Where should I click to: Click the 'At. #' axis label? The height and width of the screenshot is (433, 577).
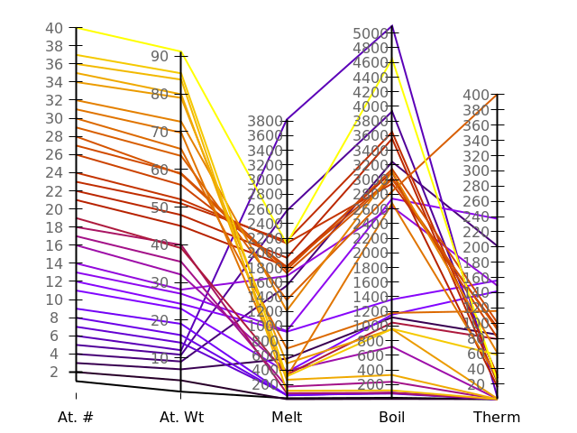click(x=76, y=417)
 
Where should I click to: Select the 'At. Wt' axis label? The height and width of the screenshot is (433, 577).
click(x=181, y=417)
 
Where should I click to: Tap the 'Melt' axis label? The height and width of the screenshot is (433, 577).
click(x=287, y=417)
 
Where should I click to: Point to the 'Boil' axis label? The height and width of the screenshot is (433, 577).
click(x=392, y=417)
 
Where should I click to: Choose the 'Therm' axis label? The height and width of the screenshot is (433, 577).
click(x=497, y=417)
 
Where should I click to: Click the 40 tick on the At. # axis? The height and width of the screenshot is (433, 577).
click(x=76, y=28)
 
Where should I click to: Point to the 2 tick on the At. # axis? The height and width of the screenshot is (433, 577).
click(x=76, y=372)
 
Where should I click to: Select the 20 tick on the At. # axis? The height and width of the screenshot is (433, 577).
click(x=76, y=208)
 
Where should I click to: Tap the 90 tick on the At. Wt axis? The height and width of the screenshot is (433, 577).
click(x=181, y=56)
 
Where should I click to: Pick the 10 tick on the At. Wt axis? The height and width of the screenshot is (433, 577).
click(x=181, y=358)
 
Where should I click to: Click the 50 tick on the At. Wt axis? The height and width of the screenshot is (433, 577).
click(x=181, y=207)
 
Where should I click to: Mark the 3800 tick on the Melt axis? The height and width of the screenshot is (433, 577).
click(x=287, y=121)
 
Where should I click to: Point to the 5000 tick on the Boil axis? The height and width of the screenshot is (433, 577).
click(x=392, y=33)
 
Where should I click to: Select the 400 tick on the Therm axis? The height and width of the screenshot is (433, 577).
click(x=498, y=95)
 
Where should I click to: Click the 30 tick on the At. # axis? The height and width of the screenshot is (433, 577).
click(x=76, y=118)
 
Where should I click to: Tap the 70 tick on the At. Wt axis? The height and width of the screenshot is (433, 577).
click(x=181, y=132)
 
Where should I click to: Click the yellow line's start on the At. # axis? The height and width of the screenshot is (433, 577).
click(x=76, y=28)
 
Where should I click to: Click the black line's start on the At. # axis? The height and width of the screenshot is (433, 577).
click(x=76, y=381)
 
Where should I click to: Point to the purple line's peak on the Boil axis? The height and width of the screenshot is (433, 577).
click(x=392, y=25)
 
